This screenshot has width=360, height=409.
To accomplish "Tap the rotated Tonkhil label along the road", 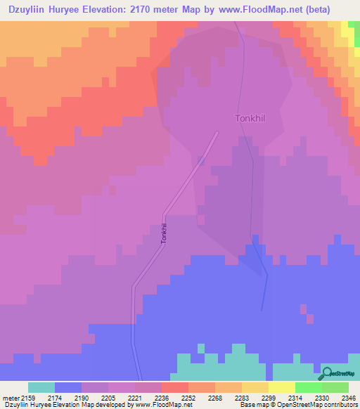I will [164, 233].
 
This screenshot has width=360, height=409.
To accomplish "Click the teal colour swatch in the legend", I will [41, 387].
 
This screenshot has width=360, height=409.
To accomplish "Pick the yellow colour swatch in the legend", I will [282, 387].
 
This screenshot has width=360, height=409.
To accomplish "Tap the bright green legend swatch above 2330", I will [309, 387].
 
